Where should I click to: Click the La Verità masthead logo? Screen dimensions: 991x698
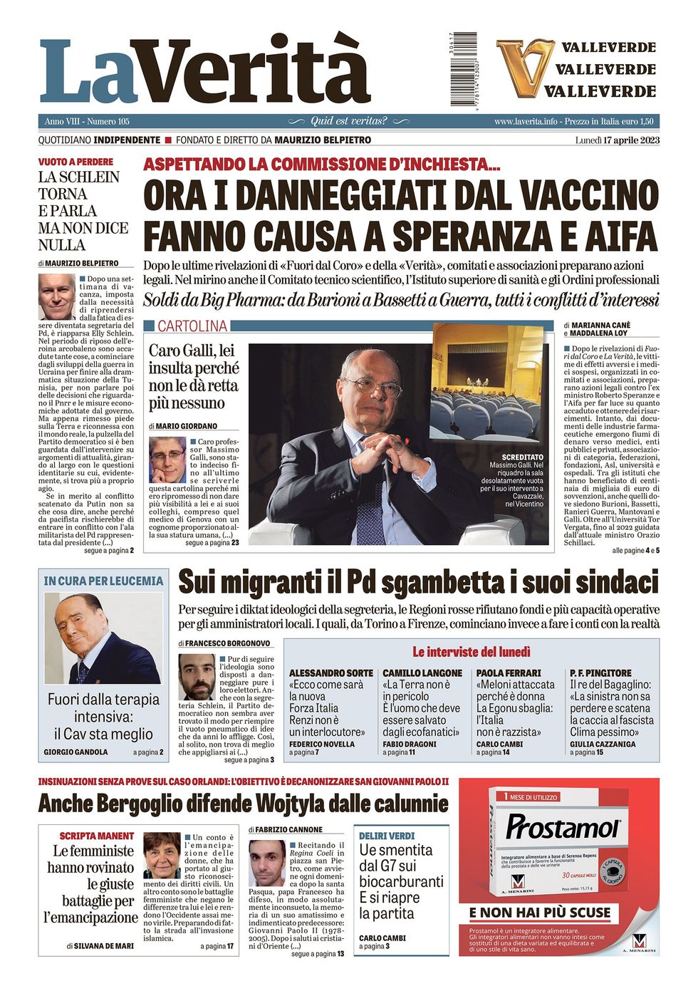click(204, 71)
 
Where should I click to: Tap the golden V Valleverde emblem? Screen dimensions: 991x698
click(525, 68)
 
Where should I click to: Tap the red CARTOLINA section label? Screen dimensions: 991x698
click(192, 326)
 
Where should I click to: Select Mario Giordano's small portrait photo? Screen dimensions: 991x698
click(167, 460)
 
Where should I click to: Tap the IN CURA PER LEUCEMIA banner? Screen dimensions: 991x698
click(104, 581)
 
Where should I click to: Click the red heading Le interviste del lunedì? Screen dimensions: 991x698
click(472, 652)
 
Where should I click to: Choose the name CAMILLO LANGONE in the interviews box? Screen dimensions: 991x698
click(422, 673)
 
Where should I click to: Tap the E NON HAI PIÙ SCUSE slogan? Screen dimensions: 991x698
click(539, 913)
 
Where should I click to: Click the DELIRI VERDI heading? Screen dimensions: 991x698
click(387, 836)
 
